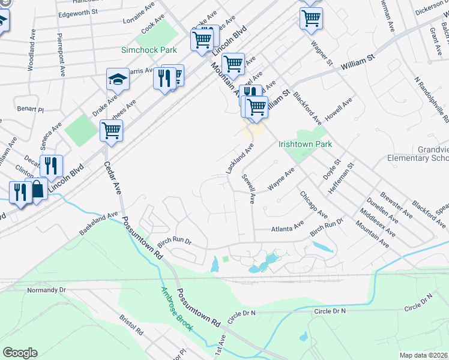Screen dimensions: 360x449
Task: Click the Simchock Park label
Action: (149, 50)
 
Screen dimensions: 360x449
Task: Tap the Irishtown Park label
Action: (305, 145)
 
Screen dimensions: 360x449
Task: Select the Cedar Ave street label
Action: (113, 179)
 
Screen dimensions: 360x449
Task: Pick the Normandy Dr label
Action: (46, 290)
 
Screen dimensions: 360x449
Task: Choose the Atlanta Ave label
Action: (288, 228)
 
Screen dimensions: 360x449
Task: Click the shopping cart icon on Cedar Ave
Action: (112, 130)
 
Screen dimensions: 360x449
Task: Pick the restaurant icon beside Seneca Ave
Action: (51, 165)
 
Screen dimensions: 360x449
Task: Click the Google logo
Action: (20, 353)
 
